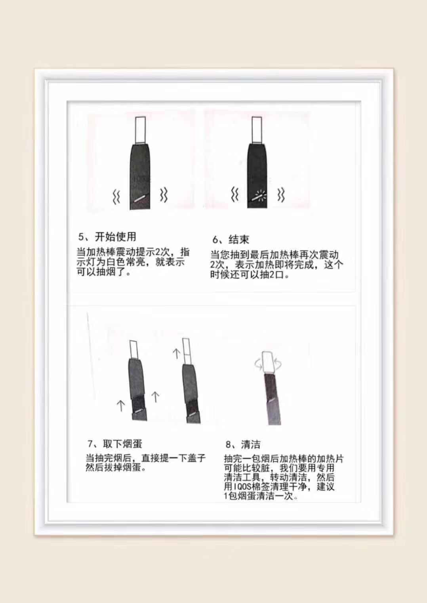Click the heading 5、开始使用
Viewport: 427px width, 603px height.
[107, 237]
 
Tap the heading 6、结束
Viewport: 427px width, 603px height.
[231, 239]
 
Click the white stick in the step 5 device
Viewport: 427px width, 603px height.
[141, 130]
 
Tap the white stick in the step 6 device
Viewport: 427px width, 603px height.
[256, 130]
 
